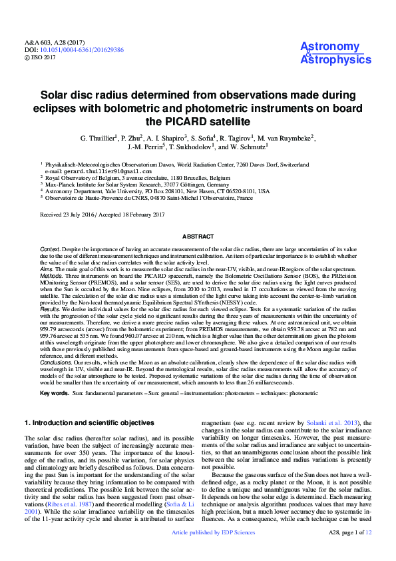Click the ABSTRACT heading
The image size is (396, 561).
click(198, 237)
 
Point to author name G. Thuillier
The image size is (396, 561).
click(99, 138)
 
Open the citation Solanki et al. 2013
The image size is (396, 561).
click(340, 422)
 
